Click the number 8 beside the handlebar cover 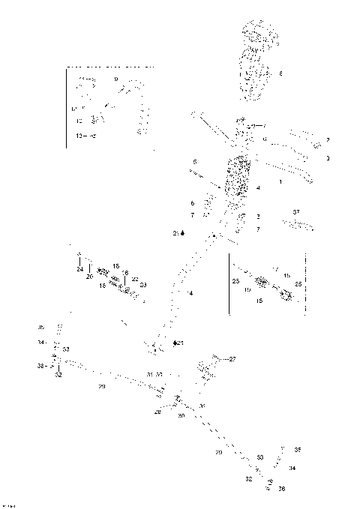pyautogui.click(x=280, y=73)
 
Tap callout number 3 pyautogui.click(x=328, y=158)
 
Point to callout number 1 pyautogui.click(x=280, y=182)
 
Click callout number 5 pyautogui.click(x=194, y=162)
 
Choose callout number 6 pyautogui.click(x=193, y=203)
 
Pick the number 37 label pyautogui.click(x=296, y=212)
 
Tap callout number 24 pyautogui.click(x=79, y=269)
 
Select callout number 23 pyautogui.click(x=143, y=285)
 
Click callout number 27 pyautogui.click(x=232, y=359)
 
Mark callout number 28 pyautogui.click(x=157, y=412)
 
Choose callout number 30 pyautogui.click(x=181, y=415)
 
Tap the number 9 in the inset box pyautogui.click(x=116, y=79)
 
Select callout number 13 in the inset pyautogui.click(x=79, y=135)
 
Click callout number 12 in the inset pyautogui.click(x=79, y=120)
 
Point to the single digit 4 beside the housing pyautogui.click(x=258, y=187)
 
